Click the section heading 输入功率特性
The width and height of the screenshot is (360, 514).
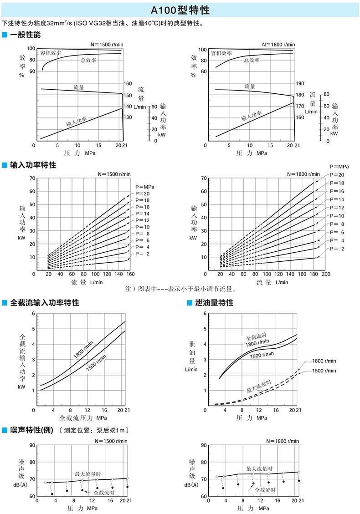click(32, 165)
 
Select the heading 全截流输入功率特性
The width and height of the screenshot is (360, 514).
click(44, 302)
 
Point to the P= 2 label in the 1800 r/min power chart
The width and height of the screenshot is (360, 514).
click(337, 248)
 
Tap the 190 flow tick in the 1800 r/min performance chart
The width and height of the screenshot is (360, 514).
click(299, 84)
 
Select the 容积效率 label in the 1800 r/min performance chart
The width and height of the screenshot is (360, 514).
click(221, 53)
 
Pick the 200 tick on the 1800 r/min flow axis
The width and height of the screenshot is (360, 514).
click(326, 275)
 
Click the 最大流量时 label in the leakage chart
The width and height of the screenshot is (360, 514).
click(258, 387)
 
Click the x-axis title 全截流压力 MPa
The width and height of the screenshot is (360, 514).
click(83, 417)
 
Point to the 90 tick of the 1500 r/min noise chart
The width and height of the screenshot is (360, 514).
click(32, 445)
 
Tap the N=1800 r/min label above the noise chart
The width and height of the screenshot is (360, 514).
click(283, 441)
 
